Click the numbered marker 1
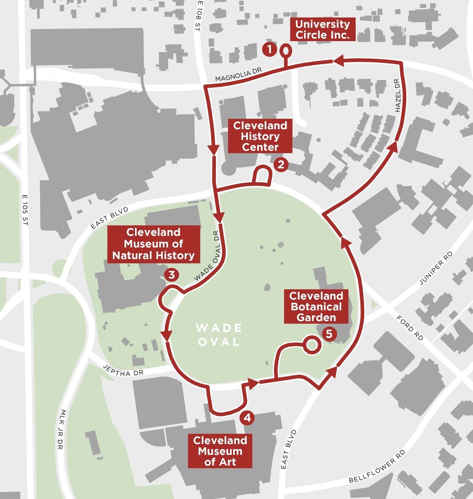(x=269, y=49)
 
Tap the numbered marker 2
(x=281, y=164)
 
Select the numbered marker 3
(x=172, y=275)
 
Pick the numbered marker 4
(x=247, y=417)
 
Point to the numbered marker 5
(x=329, y=334)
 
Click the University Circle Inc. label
(x=322, y=30)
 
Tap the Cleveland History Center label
(x=260, y=136)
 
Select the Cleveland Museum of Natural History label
(x=153, y=244)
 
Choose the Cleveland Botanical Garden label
(x=316, y=307)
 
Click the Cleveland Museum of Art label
(x=220, y=451)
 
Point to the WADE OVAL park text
(x=219, y=335)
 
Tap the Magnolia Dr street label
(x=238, y=75)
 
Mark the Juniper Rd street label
(x=436, y=268)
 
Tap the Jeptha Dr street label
(x=123, y=371)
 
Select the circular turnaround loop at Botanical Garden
(x=312, y=345)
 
